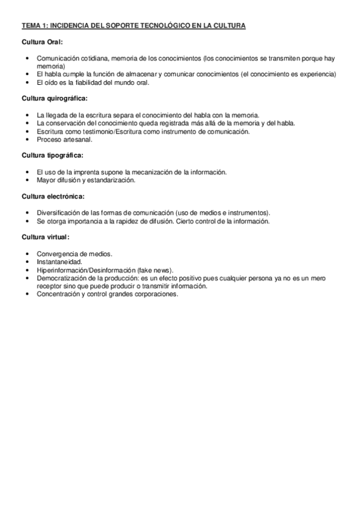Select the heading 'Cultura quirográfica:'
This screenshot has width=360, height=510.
click(x=55, y=97)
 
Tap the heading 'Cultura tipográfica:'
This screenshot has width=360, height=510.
click(x=52, y=155)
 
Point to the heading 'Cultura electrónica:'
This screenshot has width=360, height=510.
click(x=53, y=196)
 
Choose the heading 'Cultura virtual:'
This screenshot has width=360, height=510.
click(x=46, y=237)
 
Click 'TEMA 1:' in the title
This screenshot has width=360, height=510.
click(x=34, y=26)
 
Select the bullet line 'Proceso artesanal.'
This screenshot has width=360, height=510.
click(x=62, y=139)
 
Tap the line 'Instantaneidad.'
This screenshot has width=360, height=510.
click(x=59, y=263)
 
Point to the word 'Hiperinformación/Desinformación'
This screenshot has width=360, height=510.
click(x=87, y=271)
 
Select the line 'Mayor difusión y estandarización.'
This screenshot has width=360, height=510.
click(x=86, y=180)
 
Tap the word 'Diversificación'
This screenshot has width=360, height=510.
click(x=59, y=213)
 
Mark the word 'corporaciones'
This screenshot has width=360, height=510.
click(x=157, y=295)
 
